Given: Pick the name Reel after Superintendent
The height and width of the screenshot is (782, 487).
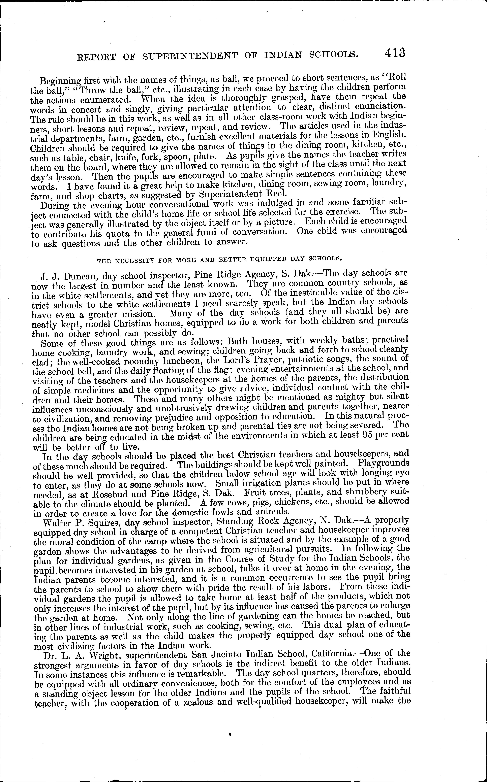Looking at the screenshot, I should point(276,194).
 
